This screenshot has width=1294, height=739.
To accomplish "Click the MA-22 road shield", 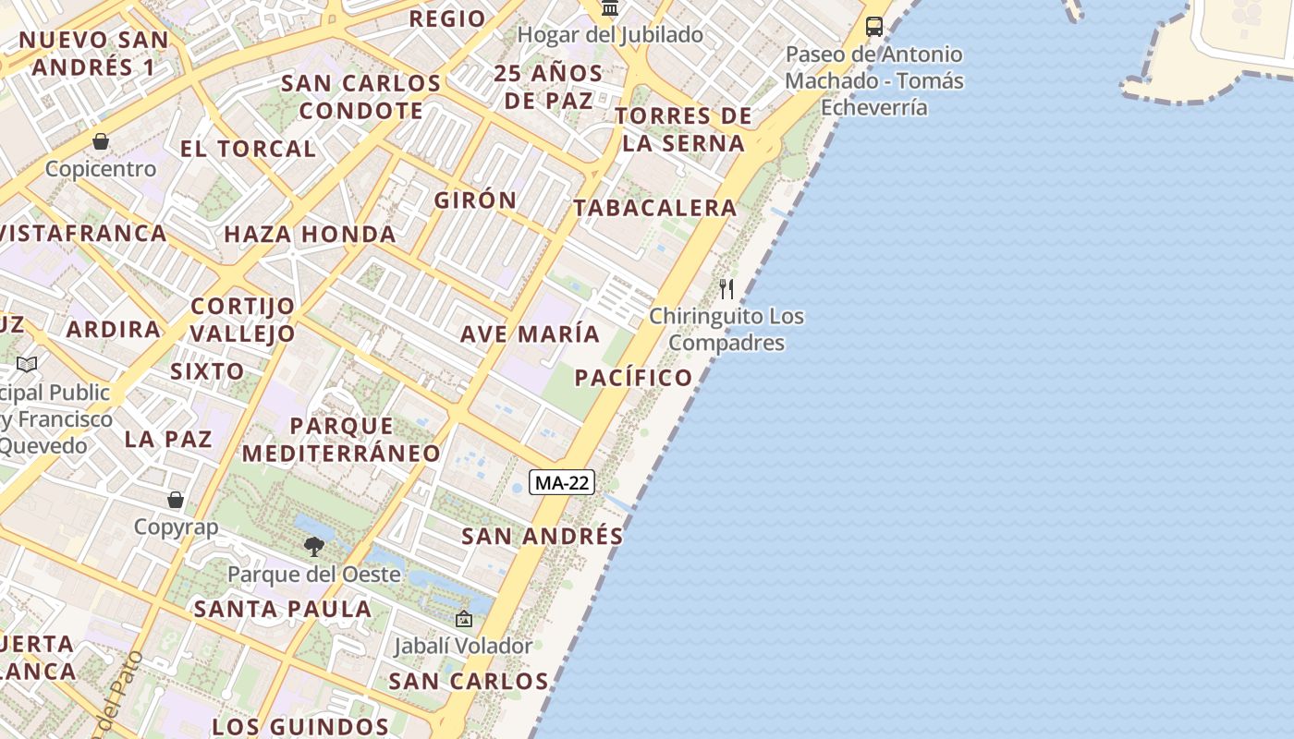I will point(562,482).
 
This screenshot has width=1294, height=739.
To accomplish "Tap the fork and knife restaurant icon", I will point(726,289).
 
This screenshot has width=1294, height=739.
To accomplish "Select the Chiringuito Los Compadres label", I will point(726,330).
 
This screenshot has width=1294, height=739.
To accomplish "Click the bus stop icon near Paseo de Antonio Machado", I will point(873,27).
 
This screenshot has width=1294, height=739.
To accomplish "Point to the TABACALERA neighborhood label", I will point(655,208).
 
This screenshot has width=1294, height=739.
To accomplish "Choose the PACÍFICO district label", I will point(633,377).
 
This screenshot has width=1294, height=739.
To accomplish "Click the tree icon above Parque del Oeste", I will point(314,546).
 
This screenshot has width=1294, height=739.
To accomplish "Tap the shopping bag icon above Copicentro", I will point(101,141).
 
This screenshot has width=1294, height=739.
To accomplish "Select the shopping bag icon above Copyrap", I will point(176,500).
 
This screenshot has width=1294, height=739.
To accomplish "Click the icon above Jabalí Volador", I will point(463,619).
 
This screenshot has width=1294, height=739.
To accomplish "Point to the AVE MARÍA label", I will point(530,333).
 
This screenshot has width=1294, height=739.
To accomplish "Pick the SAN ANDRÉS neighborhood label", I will point(543,536).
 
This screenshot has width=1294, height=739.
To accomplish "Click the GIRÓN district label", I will point(476,200).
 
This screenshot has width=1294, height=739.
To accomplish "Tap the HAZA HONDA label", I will point(311,234).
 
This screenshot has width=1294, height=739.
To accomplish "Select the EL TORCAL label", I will point(248,149).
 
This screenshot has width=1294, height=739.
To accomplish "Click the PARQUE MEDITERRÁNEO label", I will point(341,440).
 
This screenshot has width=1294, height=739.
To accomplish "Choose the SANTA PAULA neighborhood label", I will point(283,609).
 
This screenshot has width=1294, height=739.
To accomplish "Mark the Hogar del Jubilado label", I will point(610,35).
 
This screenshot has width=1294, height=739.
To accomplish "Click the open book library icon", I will point(27,364).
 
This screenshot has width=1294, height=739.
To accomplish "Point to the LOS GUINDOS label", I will point(300,726).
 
